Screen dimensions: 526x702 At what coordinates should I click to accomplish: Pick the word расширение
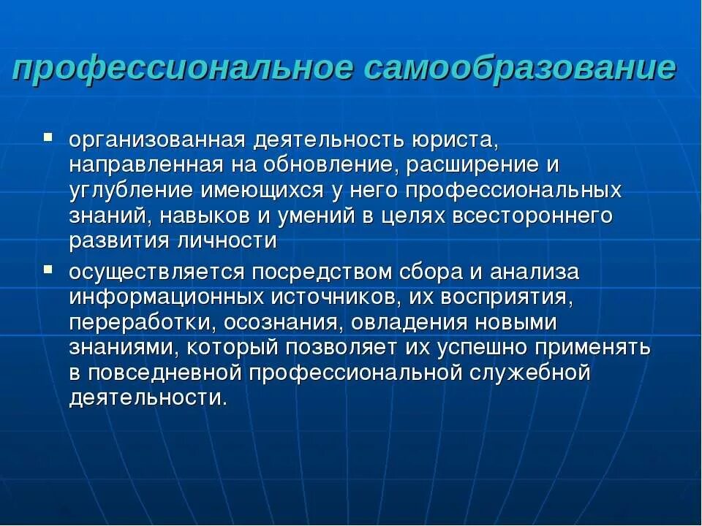pos(472,164)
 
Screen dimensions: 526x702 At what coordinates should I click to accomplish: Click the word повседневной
pos(167,373)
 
